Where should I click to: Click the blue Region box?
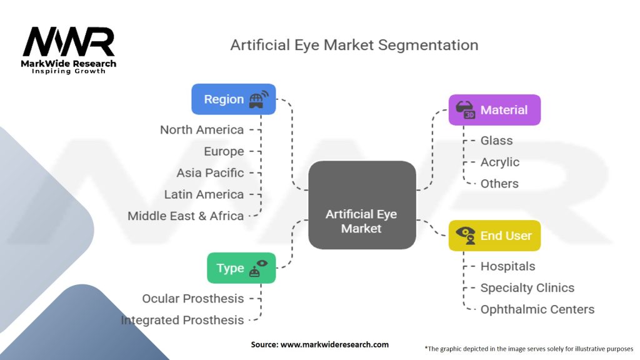click(233, 99)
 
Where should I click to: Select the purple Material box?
click(494, 110)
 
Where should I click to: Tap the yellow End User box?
click(494, 236)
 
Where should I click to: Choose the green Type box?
click(241, 268)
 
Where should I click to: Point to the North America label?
click(202, 130)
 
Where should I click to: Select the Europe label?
click(224, 151)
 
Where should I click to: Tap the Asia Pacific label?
click(210, 172)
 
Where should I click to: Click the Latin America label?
click(204, 194)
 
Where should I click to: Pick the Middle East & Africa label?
click(186, 216)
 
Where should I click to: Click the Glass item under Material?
click(496, 141)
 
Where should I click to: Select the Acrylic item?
click(500, 162)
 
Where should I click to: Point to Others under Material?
click(499, 184)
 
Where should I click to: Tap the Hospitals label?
click(507, 266)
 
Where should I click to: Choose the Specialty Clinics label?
click(527, 288)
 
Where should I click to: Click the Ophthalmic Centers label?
click(537, 309)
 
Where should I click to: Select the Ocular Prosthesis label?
click(193, 299)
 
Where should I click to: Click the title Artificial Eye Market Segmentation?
click(354, 45)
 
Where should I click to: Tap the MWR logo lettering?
click(69, 42)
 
